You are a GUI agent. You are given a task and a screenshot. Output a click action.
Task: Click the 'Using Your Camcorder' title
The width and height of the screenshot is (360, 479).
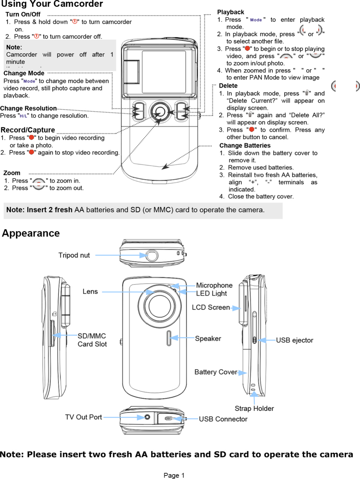52,4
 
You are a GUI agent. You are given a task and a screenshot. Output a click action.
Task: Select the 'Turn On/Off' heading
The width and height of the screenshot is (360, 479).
23,14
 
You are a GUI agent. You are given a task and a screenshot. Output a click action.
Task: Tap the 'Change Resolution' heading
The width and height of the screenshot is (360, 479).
29,108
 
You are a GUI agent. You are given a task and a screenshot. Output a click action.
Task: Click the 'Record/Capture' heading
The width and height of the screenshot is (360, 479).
28,130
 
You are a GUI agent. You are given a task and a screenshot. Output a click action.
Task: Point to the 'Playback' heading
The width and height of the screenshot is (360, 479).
230,12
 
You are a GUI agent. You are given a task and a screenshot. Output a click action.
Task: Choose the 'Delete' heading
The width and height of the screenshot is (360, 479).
228,86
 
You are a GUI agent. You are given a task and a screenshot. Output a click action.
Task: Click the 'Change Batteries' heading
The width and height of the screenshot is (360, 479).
245,145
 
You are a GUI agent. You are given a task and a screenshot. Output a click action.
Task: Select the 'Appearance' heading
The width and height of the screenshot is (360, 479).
31,233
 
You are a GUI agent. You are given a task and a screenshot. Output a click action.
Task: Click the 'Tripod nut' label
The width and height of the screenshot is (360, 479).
74,255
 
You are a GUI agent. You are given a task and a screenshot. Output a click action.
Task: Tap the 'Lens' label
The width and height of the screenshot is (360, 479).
90,292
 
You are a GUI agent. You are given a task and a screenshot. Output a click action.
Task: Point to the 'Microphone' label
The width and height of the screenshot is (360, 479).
214,285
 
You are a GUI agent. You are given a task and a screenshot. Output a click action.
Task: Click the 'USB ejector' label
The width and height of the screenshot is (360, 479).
294,340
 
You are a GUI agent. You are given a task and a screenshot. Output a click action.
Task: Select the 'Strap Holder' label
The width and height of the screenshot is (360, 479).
254,409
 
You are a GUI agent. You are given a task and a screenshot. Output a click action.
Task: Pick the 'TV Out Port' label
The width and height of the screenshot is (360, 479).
83,417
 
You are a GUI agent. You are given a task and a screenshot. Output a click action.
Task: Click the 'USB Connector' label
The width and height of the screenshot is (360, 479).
223,419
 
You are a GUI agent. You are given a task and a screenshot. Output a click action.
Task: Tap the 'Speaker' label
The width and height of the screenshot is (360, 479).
208,339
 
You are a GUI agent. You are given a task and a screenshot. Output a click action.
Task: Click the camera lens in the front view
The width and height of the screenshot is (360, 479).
159,305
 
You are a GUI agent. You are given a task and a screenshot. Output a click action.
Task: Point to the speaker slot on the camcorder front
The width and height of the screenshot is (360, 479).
169,338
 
